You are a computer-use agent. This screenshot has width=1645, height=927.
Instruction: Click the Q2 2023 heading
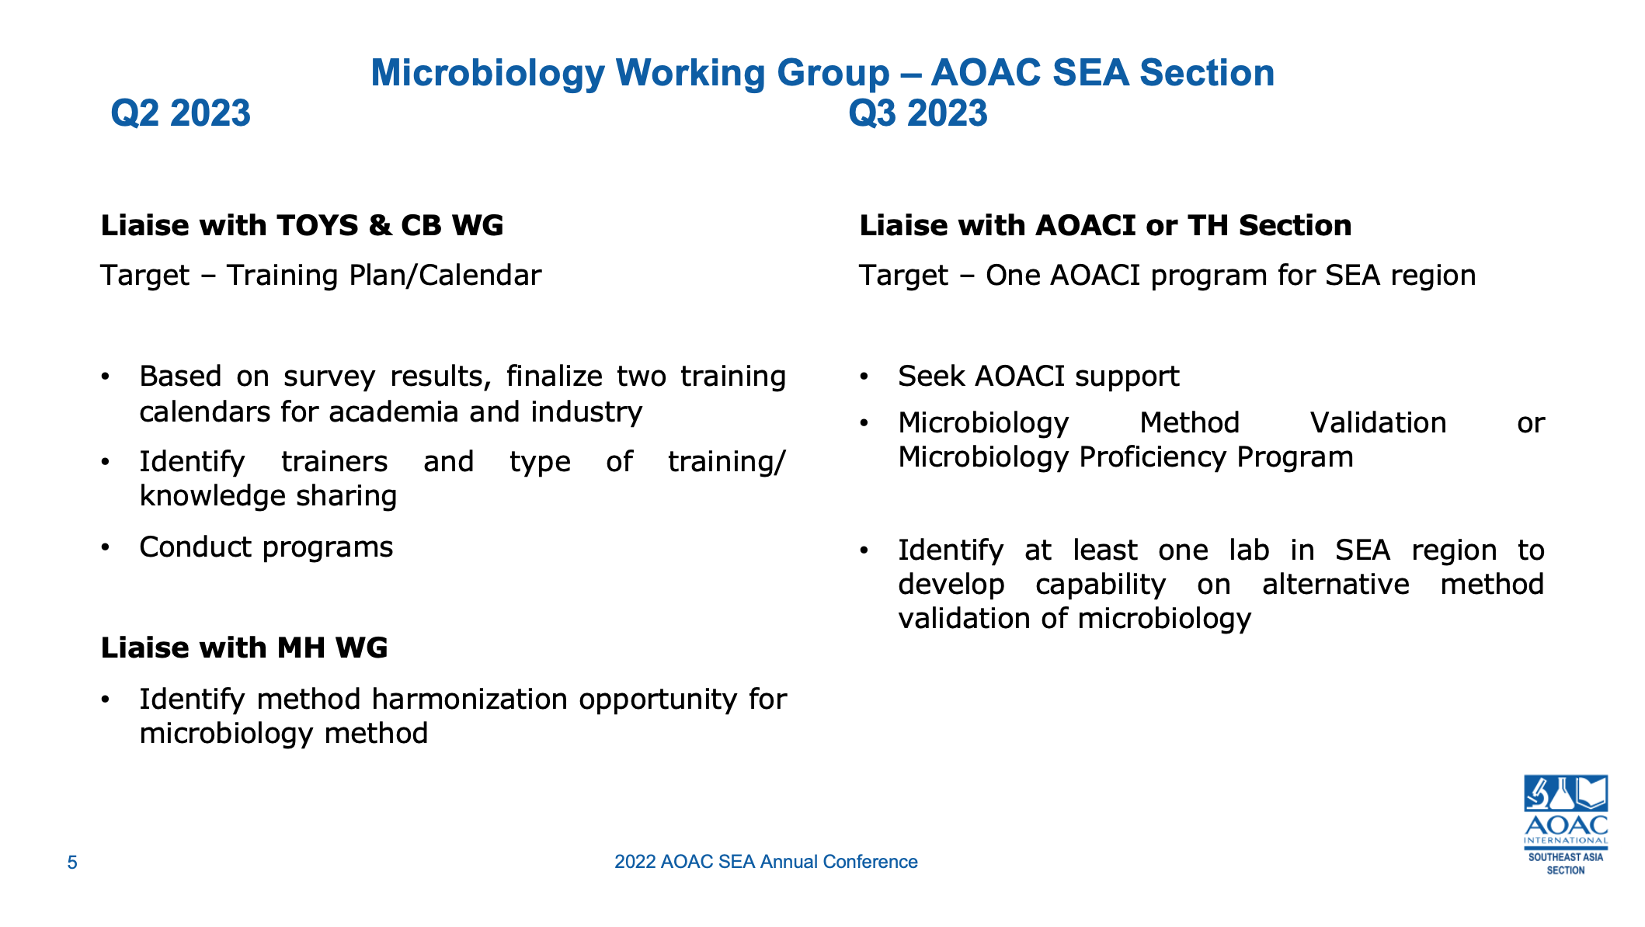[180, 114]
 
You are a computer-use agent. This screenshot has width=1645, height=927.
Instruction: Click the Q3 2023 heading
[917, 114]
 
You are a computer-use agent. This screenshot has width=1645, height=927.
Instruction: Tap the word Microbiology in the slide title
[487, 73]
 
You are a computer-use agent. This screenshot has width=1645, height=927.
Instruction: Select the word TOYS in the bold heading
[318, 226]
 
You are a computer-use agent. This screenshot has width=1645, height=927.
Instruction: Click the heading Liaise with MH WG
[244, 648]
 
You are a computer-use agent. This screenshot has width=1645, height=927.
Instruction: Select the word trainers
[334, 462]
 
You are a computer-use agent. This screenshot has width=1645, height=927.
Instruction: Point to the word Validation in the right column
[1378, 423]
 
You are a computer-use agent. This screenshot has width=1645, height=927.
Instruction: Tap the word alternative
[1335, 585]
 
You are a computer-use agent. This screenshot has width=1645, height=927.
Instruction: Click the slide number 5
[72, 863]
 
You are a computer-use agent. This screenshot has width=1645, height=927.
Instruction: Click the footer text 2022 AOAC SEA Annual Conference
[766, 863]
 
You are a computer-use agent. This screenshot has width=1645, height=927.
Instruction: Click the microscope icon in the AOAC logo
[1537, 793]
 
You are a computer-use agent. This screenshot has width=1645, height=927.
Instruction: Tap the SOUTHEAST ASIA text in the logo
[1565, 857]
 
